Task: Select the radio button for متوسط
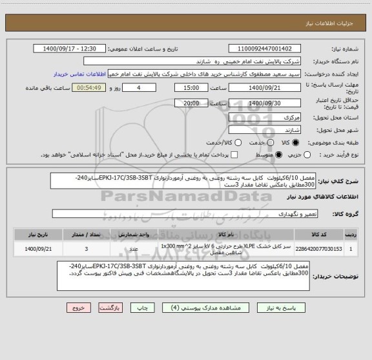pyautogui.click(x=279, y=155)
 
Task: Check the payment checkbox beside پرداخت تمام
pyautogui.click(x=234, y=155)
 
